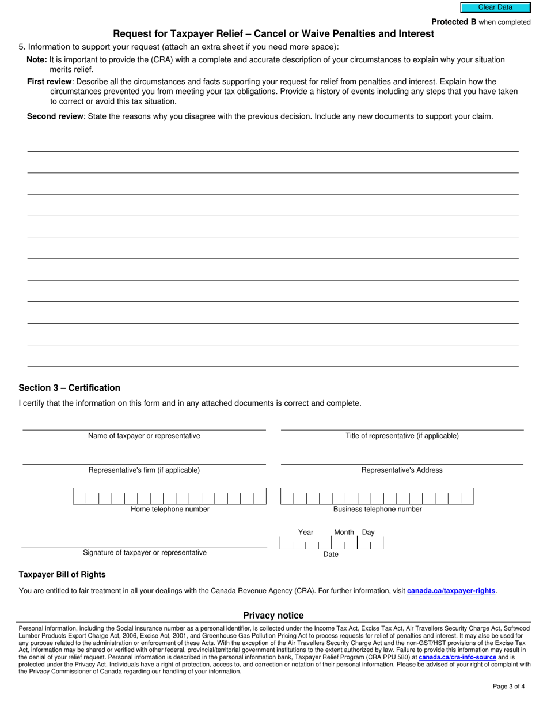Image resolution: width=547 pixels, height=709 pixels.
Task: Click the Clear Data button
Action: (x=495, y=7)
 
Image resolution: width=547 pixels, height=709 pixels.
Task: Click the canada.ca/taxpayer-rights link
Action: (x=451, y=591)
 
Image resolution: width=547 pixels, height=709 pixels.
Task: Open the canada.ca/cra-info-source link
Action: (x=457, y=657)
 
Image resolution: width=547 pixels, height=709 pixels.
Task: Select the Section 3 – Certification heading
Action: (x=70, y=388)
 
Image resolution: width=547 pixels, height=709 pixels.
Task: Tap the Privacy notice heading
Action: (x=273, y=616)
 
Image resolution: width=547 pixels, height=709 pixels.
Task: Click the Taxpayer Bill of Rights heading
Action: (x=62, y=575)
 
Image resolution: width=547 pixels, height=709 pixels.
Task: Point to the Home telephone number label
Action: (x=170, y=510)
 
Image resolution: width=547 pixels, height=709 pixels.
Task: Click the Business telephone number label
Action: (x=377, y=510)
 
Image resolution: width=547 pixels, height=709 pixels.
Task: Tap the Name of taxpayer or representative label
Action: (x=144, y=436)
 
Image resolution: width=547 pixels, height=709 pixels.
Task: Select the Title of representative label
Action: (x=402, y=436)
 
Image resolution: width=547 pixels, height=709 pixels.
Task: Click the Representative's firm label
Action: (x=144, y=470)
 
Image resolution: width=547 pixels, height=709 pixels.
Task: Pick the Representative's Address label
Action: (x=402, y=470)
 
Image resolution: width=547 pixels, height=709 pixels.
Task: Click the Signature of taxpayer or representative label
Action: (x=145, y=553)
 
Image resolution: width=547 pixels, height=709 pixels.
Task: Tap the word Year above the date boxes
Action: (x=306, y=533)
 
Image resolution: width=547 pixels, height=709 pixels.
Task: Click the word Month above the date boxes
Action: (x=344, y=533)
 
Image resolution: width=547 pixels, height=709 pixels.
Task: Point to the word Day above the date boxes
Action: (x=368, y=533)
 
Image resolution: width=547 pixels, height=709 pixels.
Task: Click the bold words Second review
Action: (x=55, y=116)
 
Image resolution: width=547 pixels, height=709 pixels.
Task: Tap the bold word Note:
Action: (x=37, y=60)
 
